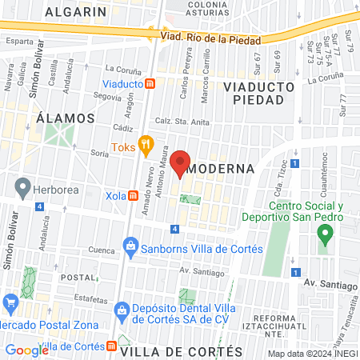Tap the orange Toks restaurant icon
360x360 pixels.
point(146,146)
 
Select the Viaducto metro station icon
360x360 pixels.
point(150,83)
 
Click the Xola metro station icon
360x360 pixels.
point(130,195)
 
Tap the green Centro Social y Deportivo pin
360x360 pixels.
point(325,235)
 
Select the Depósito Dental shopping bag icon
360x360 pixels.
point(121,308)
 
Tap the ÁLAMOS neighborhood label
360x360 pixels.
point(66,118)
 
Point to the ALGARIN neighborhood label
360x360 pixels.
point(76,12)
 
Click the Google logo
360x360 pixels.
point(26,350)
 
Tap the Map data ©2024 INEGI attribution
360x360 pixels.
point(312,354)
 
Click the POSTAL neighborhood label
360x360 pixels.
point(78,277)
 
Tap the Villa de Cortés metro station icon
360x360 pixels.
point(111,346)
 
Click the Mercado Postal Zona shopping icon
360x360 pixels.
point(10,303)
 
